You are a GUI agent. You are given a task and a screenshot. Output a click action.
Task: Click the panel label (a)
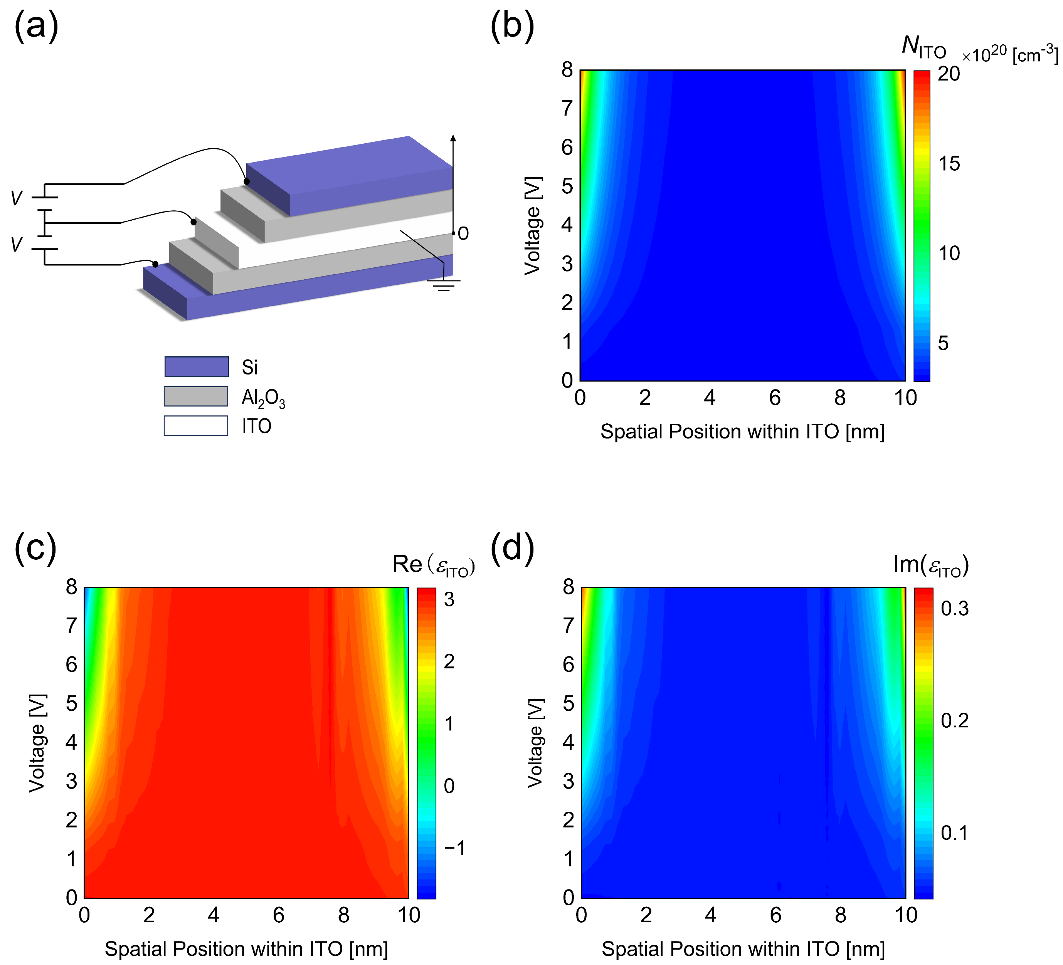coord(36,26)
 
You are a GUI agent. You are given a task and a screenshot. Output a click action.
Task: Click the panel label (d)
coord(512,548)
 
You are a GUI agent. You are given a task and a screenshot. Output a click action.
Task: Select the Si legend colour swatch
coord(196,366)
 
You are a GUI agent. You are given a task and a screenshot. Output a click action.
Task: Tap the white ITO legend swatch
coord(196,426)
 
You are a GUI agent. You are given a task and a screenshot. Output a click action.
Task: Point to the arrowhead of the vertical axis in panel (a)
coord(453,138)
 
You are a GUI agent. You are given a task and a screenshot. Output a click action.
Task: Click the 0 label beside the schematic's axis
coord(463,233)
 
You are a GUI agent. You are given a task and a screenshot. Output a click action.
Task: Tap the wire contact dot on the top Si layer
coord(246,181)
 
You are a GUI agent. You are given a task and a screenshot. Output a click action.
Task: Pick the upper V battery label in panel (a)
coord(17,199)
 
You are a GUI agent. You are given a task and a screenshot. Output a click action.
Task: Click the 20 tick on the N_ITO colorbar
coord(949,74)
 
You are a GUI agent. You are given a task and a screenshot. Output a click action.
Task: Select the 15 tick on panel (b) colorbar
coord(949,164)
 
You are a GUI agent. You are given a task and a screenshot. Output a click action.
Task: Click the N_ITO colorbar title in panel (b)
coord(924,49)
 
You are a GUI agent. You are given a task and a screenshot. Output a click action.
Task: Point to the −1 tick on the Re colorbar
coord(454,848)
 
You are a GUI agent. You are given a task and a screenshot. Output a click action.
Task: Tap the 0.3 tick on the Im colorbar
coord(954,608)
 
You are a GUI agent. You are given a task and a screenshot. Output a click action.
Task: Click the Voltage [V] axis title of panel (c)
coord(37,743)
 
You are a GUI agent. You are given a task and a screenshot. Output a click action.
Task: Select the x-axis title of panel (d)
coord(743,949)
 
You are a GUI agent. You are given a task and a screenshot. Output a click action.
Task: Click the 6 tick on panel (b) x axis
coord(775,398)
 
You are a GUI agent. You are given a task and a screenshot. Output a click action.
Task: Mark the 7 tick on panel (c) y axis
coord(71,626)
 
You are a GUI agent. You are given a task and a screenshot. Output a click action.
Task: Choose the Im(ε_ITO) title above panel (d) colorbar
coord(931,564)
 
